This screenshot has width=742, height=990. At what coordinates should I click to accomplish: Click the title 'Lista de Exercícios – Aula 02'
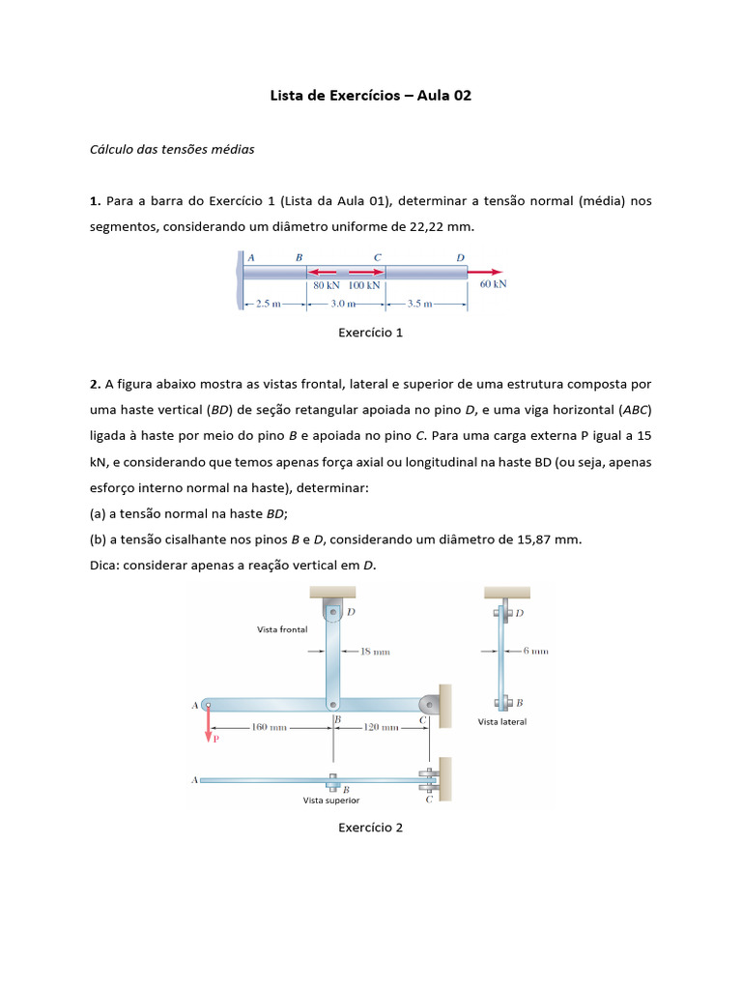(370, 97)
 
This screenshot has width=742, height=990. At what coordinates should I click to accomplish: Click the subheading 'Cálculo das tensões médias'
(172, 150)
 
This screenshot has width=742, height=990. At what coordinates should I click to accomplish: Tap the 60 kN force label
(493, 284)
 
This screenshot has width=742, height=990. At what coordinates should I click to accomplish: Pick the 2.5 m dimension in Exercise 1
(262, 303)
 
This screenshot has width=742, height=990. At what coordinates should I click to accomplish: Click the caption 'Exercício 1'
(370, 333)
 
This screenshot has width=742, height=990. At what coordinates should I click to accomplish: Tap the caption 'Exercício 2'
(370, 828)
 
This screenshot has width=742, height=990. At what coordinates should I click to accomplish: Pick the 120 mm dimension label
(380, 727)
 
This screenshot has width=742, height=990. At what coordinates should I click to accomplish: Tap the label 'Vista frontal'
(282, 629)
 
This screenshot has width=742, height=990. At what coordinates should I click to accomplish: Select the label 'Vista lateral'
(502, 722)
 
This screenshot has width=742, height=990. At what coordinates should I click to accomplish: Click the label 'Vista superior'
(331, 801)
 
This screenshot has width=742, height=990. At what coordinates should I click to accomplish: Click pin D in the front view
(331, 612)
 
